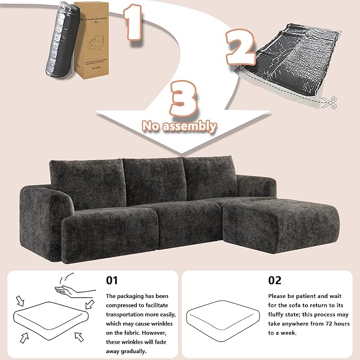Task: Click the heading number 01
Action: [x=112, y=280]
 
